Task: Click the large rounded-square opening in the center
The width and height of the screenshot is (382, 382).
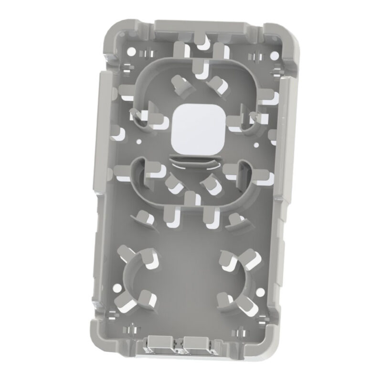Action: coord(194,128)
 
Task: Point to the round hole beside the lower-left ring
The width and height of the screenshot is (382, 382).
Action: coord(116,288)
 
